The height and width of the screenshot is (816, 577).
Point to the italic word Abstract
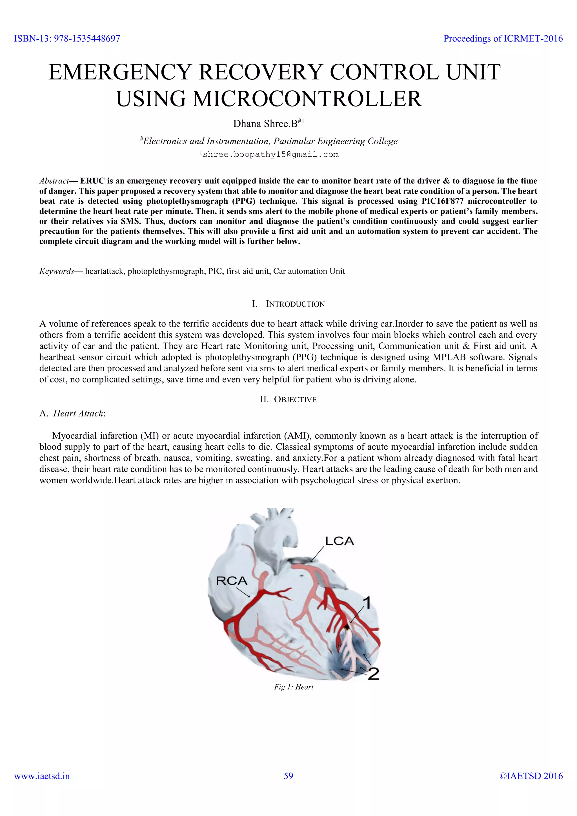[x=54, y=181]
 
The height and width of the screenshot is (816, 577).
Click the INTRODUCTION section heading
[x=295, y=304]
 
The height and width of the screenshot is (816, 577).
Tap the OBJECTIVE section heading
[x=295, y=400]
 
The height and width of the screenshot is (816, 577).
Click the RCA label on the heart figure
[x=231, y=581]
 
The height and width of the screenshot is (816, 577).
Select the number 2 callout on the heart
[x=373, y=674]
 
